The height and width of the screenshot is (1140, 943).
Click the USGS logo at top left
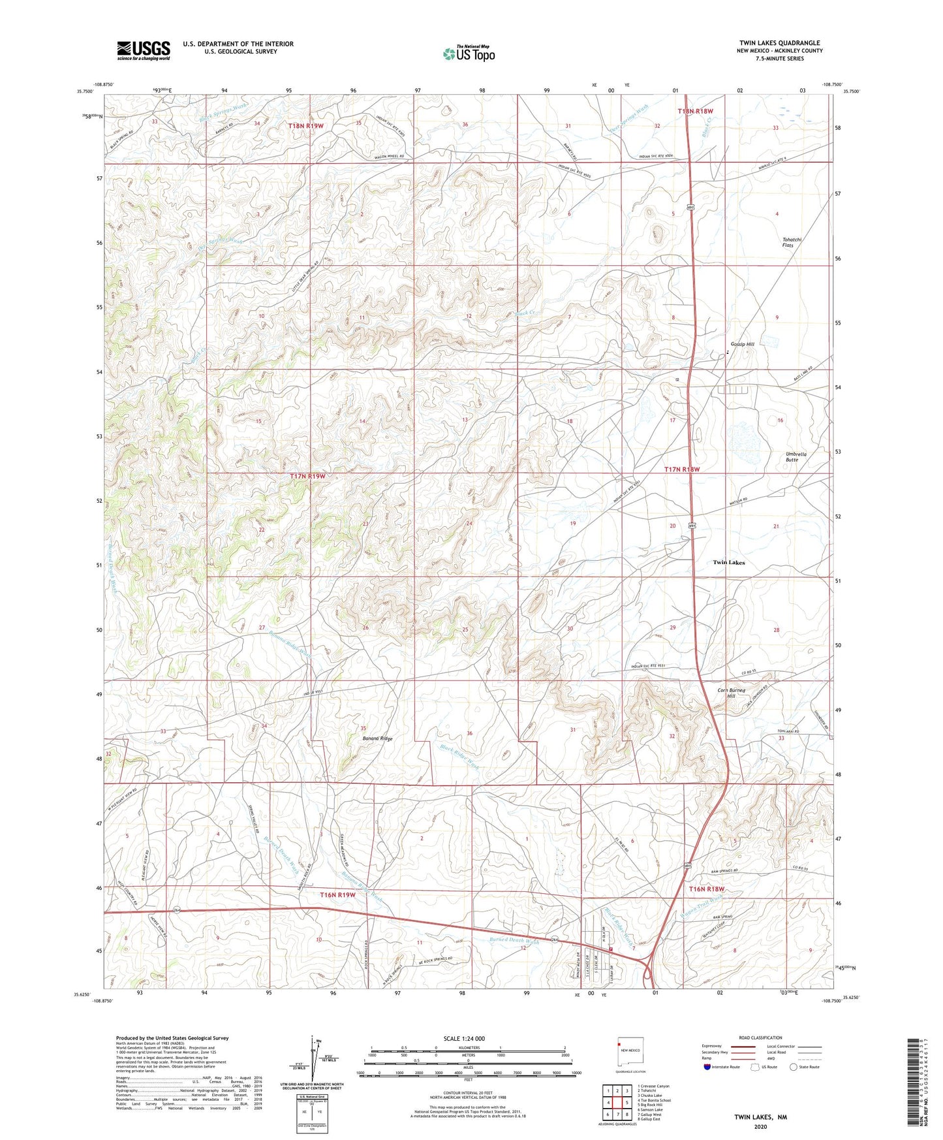[143, 50]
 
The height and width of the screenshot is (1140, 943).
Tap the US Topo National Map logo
[467, 54]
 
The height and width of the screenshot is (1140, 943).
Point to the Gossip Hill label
[741, 344]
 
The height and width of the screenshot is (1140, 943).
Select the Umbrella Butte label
[796, 456]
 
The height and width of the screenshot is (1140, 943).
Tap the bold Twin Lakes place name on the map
[728, 562]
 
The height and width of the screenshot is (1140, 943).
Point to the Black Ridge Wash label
[459, 757]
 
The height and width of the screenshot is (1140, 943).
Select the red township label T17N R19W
[307, 477]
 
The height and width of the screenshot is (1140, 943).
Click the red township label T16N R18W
[707, 889]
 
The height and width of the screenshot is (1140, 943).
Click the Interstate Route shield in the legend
[707, 1067]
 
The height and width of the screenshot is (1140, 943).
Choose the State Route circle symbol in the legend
[793, 1067]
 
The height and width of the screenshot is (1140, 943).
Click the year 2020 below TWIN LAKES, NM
[760, 1126]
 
